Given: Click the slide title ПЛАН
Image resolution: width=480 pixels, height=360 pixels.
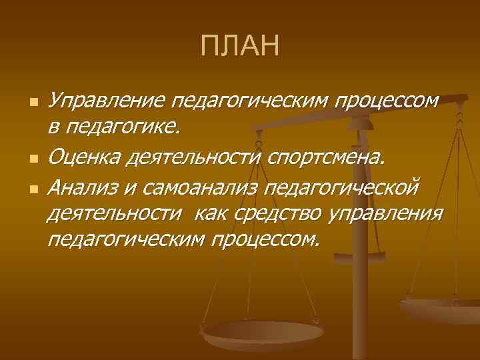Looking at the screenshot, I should tap(239, 47).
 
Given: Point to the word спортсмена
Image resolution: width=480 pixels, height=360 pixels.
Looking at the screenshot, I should tap(327, 158).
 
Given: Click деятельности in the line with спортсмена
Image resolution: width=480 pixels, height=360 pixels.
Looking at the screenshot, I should tap(198, 158).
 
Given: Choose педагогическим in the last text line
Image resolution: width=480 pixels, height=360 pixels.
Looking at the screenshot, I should tap(126, 238).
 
